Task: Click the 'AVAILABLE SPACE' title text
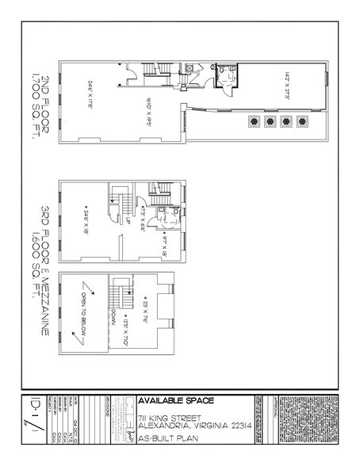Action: [x=176, y=399]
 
